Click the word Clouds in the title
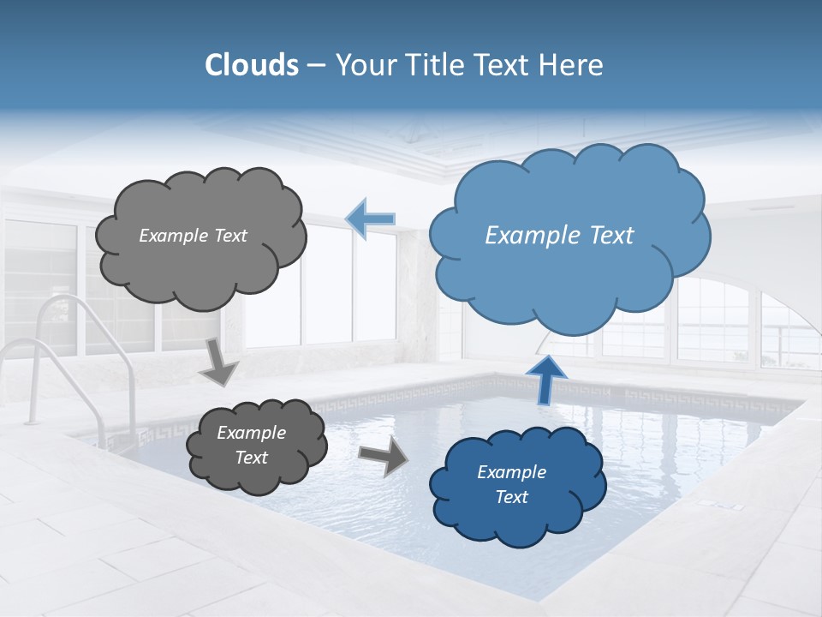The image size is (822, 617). coord(252,65)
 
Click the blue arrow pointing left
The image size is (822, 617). coord(371,219)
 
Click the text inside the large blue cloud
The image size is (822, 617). coord(559,236)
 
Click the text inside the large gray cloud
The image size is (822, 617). coord(193,236)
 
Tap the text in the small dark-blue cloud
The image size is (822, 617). coord(511,484)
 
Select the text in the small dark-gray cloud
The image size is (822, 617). coord(251,446)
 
